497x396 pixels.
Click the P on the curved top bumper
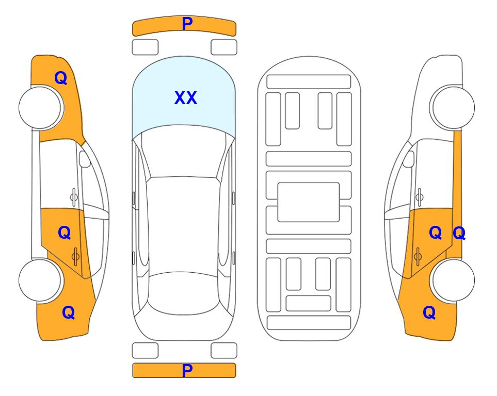[x=187, y=23]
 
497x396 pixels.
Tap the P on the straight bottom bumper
[x=187, y=370]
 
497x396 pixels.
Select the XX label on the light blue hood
[x=186, y=97]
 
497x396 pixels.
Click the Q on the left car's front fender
[x=61, y=78]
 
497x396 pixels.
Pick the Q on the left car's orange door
[x=65, y=233]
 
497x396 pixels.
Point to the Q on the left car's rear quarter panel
[x=69, y=312]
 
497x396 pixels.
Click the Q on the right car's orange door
[x=436, y=233]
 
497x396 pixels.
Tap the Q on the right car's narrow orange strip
[x=459, y=233]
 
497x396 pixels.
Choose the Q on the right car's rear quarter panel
[x=429, y=312]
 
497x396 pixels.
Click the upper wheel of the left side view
[x=41, y=107]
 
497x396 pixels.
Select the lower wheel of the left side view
[x=40, y=280]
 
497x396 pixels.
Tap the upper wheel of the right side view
[x=452, y=107]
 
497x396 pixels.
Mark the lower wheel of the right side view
[x=453, y=280]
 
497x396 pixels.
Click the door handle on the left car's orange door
[x=76, y=256]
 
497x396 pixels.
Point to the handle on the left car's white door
[x=74, y=197]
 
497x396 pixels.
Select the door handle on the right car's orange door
[x=418, y=256]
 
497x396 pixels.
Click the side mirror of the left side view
[x=85, y=159]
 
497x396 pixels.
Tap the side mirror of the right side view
[x=408, y=159]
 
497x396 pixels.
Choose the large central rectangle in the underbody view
[x=309, y=202]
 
